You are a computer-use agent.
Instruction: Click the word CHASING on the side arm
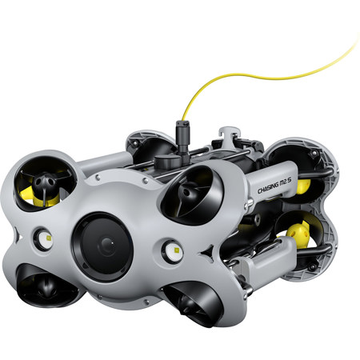pos(270,186)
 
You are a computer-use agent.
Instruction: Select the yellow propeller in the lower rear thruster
pos(298,234)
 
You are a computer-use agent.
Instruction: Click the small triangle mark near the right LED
pos(206,255)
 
